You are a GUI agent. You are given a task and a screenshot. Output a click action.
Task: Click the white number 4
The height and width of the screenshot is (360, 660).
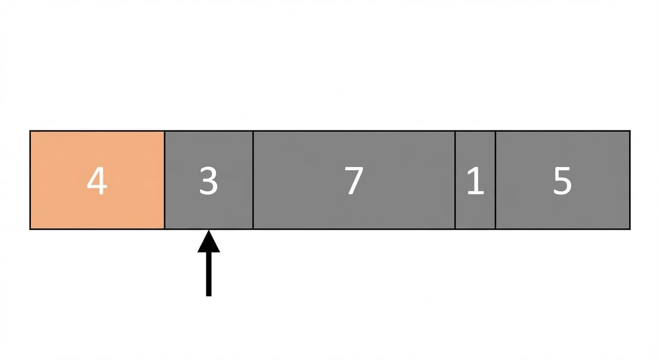[x=97, y=180]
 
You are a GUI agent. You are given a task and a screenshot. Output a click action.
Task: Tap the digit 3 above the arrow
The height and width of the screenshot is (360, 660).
[x=209, y=180]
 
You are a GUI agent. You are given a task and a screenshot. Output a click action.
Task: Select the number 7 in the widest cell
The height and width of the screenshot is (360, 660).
[x=354, y=180]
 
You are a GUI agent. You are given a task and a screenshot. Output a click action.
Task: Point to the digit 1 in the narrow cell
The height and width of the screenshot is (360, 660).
[x=476, y=180]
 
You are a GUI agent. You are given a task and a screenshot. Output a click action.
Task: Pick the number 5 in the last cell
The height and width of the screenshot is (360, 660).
[x=562, y=180]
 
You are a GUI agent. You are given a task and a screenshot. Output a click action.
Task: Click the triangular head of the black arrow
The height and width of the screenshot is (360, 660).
[x=209, y=241]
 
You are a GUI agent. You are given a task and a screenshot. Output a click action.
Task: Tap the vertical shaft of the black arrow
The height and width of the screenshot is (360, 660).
[x=209, y=274]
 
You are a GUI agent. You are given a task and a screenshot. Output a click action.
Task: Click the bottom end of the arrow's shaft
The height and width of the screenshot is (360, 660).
[x=209, y=296]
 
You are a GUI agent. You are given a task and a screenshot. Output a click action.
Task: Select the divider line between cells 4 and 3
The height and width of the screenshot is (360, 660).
[x=165, y=180]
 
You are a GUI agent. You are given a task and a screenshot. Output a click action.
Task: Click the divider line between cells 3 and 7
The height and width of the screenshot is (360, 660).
[x=253, y=180]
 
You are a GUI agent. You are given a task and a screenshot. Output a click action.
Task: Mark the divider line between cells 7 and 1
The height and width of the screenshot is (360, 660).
[x=455, y=180]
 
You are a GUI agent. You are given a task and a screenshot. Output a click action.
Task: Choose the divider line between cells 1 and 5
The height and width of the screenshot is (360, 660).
[x=495, y=180]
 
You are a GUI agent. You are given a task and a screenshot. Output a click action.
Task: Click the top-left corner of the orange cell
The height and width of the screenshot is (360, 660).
[x=30, y=131]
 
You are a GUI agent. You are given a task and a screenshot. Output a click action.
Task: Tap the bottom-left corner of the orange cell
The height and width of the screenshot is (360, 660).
[x=30, y=229]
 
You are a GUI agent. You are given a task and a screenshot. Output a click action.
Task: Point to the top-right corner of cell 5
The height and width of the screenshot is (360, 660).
[x=630, y=131]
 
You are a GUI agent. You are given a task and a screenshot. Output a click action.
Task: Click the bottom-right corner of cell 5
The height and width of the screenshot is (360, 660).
[x=630, y=229]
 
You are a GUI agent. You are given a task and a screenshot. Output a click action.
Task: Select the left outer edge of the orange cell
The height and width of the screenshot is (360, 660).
[x=30, y=180]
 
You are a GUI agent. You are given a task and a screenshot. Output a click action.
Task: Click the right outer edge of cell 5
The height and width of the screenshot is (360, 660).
[x=630, y=180]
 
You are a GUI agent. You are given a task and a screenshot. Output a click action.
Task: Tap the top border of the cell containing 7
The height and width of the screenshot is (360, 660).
[x=354, y=131]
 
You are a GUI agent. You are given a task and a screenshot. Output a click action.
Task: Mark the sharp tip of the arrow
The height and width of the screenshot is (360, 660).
[x=209, y=230]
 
